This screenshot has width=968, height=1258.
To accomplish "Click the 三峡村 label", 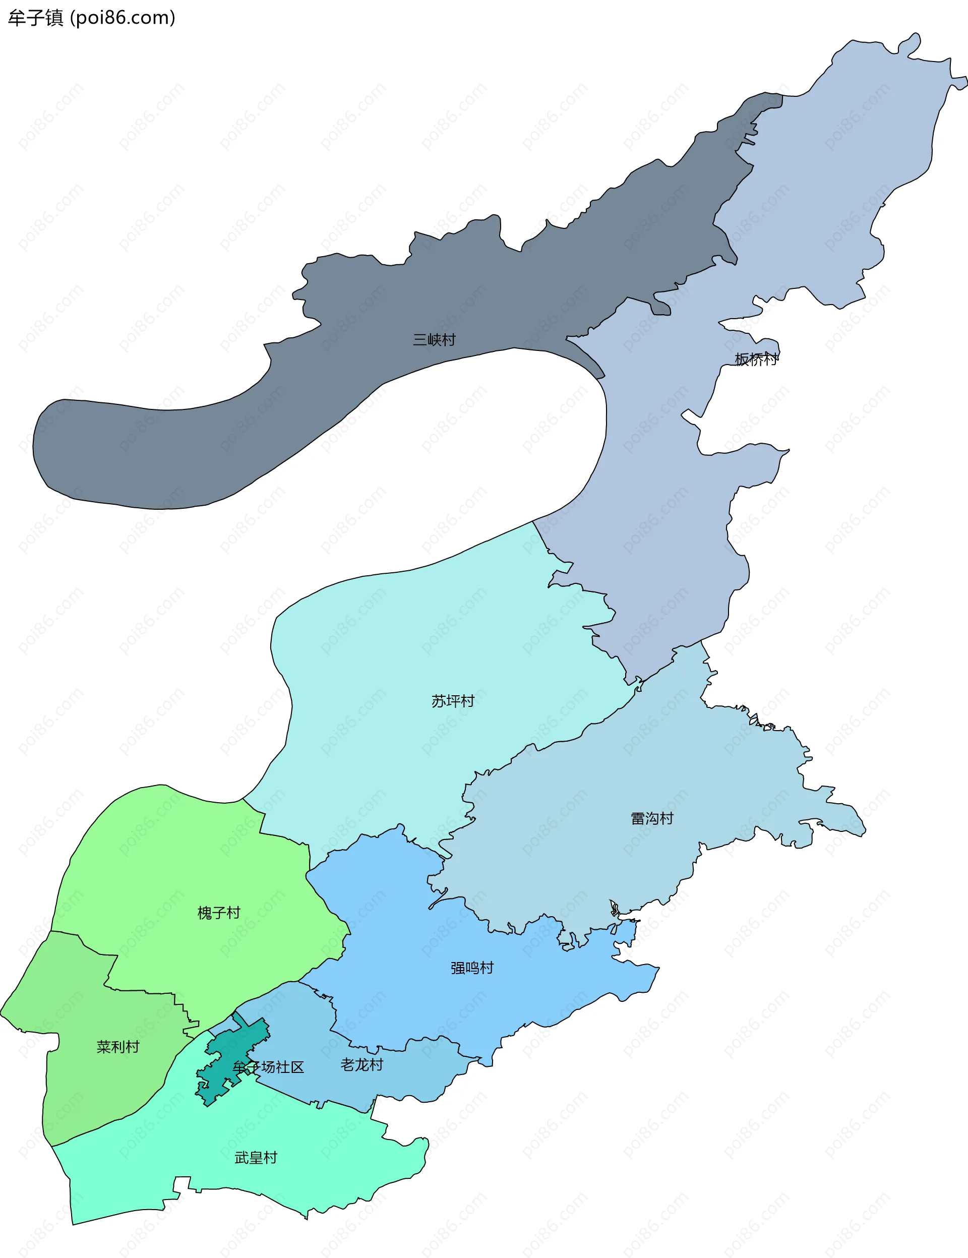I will click(434, 340).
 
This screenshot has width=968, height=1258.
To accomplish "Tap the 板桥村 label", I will click(757, 360).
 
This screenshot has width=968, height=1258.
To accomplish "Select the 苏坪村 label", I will click(453, 701).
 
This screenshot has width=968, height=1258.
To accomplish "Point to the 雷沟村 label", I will click(652, 818).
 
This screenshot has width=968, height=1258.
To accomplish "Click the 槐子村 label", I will click(219, 913).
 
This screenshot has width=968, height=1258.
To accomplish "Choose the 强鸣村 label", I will click(472, 968).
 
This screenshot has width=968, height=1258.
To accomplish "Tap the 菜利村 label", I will click(118, 1047).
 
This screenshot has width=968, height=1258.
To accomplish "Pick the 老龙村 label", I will click(361, 1064).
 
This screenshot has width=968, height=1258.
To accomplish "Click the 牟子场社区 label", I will click(268, 1067).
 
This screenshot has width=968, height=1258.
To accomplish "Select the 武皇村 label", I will click(256, 1158).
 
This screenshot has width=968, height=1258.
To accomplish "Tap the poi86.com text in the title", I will click(122, 18).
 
